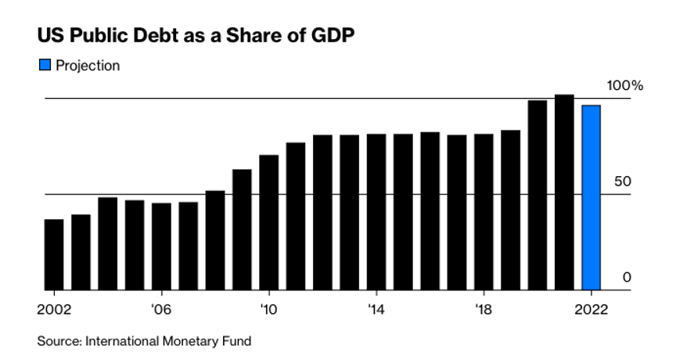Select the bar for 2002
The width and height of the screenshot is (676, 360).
coord(54,254)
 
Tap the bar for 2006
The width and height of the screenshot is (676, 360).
coord(161,247)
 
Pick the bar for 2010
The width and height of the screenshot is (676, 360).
coord(268,222)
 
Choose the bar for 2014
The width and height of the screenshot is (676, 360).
coord(376,212)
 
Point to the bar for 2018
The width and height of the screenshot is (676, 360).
coord(484,212)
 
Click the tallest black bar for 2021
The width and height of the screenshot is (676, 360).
coord(564,193)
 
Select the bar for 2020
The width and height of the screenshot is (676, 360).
coord(538,195)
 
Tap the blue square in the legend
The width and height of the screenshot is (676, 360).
coord(45,66)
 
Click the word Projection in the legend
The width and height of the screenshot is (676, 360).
coord(88,66)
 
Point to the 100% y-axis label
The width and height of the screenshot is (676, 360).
coord(626,85)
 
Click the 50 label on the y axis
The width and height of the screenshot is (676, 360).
coord(622,182)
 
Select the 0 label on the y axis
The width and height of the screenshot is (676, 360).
coord(626,277)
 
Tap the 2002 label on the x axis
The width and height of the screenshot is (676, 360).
coord(53,308)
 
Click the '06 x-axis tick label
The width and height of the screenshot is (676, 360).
coord(161,308)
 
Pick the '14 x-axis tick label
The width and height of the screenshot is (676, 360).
coord(376,308)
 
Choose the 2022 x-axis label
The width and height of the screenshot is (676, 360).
coord(591,308)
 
